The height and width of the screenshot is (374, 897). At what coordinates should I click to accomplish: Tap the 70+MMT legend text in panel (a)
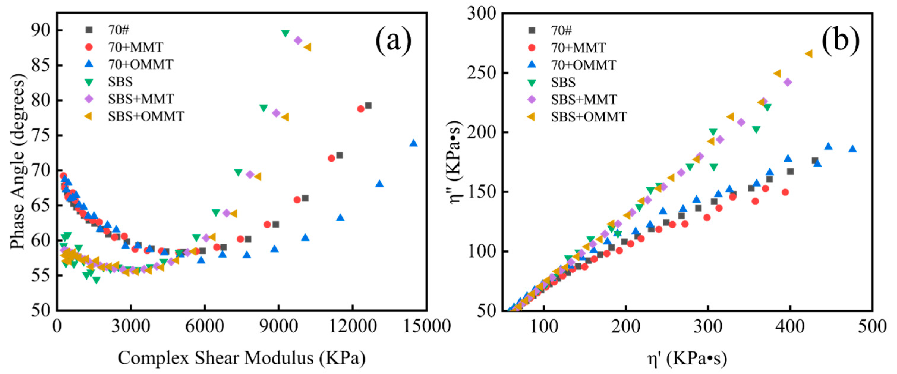pyautogui.click(x=135, y=47)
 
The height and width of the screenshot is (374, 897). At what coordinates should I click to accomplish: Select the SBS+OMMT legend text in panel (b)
pyautogui.click(x=589, y=117)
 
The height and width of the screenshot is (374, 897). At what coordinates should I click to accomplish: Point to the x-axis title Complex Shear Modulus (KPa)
pyautogui.click(x=242, y=358)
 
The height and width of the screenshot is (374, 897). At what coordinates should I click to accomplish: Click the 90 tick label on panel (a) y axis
pyautogui.click(x=41, y=30)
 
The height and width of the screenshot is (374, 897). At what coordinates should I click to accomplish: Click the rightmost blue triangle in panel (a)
pyautogui.click(x=413, y=143)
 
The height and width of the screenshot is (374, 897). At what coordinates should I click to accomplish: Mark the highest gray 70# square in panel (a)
pyautogui.click(x=368, y=105)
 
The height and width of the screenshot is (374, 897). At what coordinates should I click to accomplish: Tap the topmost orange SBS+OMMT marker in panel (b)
pyautogui.click(x=808, y=54)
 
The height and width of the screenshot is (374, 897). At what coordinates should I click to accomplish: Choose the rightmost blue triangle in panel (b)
pyautogui.click(x=852, y=149)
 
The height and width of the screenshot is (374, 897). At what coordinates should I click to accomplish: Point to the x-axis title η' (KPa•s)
pyautogui.click(x=687, y=358)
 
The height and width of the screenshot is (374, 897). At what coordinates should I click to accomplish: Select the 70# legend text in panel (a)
pyautogui.click(x=118, y=30)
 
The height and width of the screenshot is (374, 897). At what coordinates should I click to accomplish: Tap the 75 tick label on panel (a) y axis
pyautogui.click(x=41, y=135)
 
